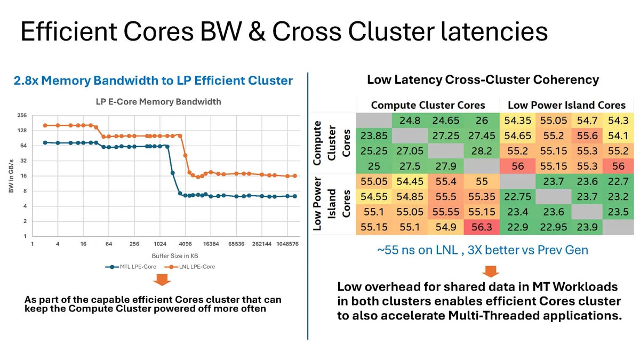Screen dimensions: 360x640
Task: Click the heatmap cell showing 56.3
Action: (x=482, y=227)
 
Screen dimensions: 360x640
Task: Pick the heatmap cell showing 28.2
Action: (x=482, y=151)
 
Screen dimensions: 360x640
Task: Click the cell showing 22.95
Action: (x=553, y=227)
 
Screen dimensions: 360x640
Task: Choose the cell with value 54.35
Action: (x=517, y=121)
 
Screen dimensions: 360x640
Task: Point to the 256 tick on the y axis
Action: (x=22, y=115)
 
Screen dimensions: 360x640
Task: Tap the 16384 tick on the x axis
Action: (x=211, y=244)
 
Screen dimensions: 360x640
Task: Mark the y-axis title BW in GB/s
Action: (x=11, y=175)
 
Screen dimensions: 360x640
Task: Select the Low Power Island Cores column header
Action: (x=566, y=105)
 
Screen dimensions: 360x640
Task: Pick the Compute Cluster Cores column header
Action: (x=428, y=105)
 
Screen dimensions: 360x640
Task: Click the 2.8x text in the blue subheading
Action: (x=25, y=81)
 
